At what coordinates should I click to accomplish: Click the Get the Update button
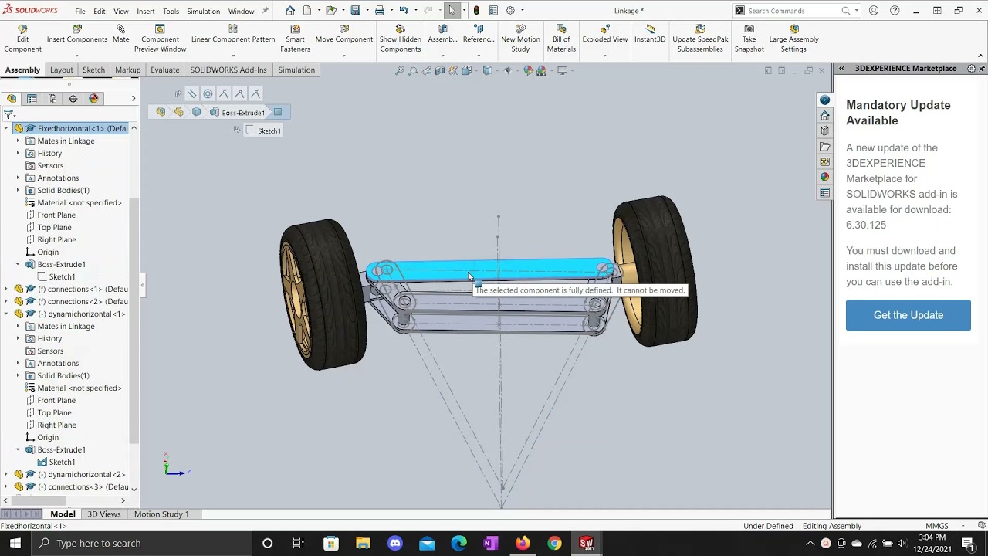coord(908,315)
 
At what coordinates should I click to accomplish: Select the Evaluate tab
coord(164,69)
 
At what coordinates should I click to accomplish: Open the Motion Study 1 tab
coord(161,514)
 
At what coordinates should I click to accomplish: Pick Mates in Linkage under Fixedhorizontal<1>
coord(66,141)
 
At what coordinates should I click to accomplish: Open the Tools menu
coord(171,11)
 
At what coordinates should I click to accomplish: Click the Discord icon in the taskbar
coord(395,543)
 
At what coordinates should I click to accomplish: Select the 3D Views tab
coord(103,514)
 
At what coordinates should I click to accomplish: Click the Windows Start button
coord(15,543)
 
